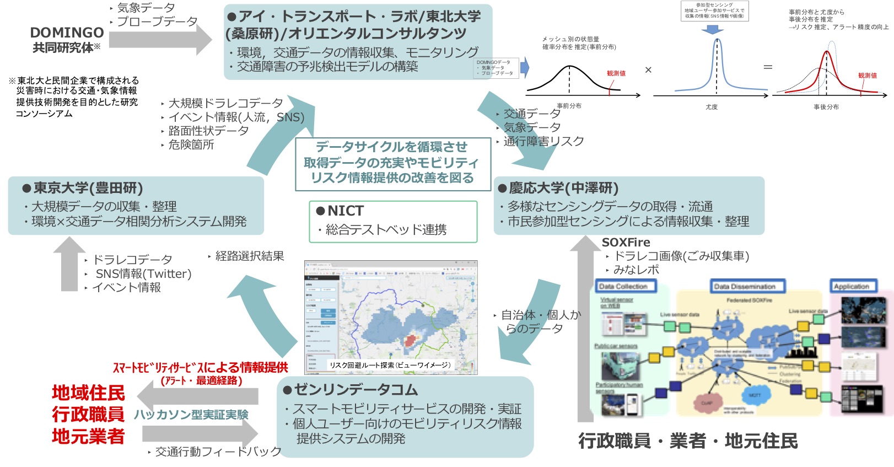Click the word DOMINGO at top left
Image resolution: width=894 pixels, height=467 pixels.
(67, 33)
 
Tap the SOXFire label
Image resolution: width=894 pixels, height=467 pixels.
(626, 242)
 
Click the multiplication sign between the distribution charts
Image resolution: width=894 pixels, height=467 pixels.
(648, 70)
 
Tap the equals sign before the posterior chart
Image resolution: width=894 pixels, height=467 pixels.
(768, 67)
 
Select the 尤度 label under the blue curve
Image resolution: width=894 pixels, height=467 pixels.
(712, 107)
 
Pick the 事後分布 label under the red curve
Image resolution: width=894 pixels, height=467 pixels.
(826, 107)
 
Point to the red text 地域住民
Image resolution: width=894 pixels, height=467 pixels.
(88, 393)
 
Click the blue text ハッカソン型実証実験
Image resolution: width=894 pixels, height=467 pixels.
(191, 415)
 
